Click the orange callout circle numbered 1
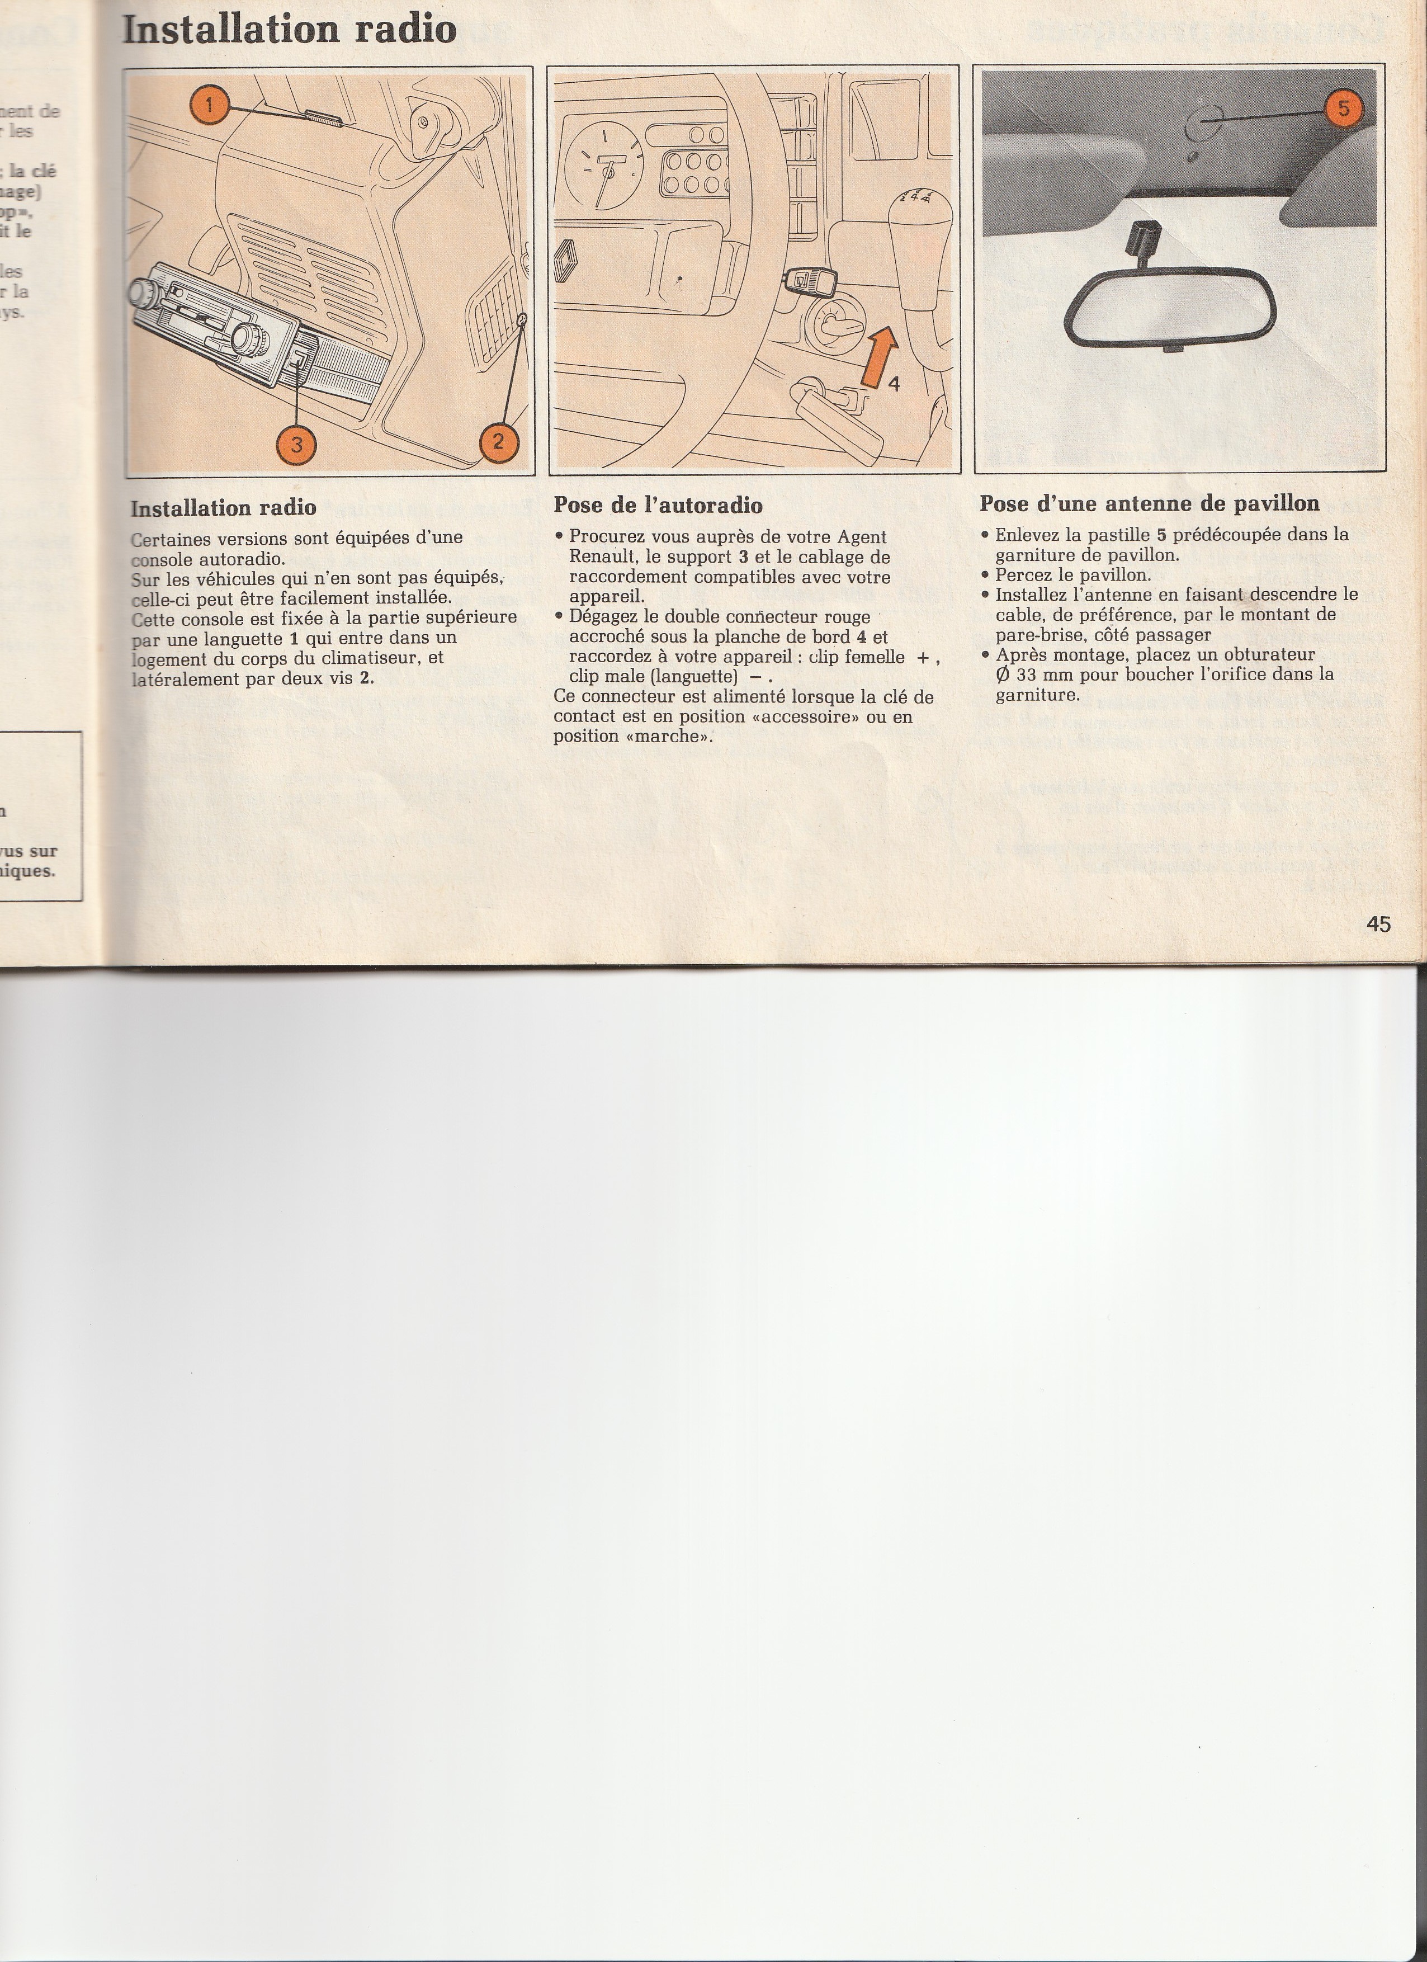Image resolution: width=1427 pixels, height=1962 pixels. point(209,107)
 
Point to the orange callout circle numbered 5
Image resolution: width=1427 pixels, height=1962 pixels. point(1343,109)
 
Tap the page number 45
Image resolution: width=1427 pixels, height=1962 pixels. point(1378,925)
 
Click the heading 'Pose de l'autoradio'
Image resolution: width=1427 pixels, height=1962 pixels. point(658,505)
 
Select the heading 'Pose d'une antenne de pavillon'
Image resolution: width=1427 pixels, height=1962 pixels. point(1150,503)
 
